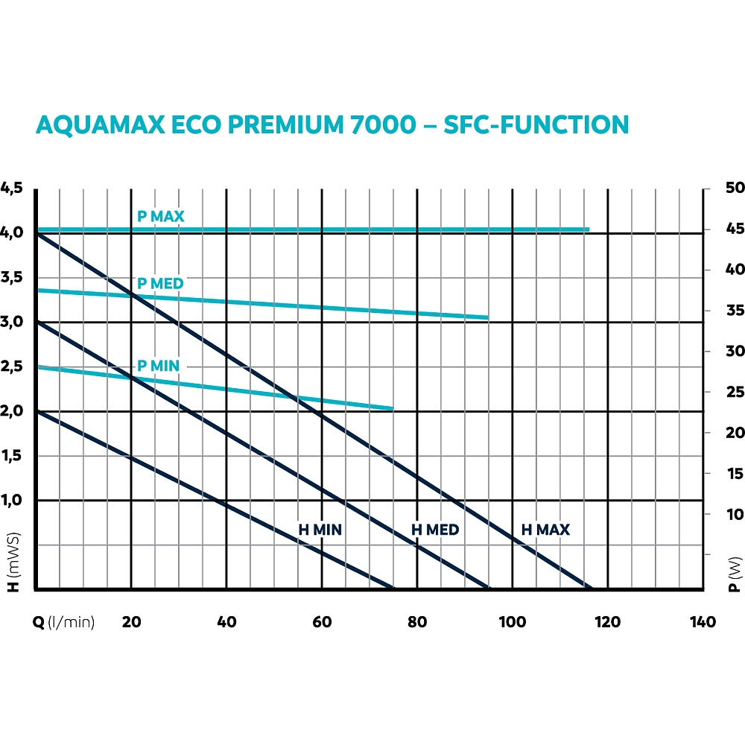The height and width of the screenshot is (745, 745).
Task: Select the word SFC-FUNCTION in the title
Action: [x=536, y=125]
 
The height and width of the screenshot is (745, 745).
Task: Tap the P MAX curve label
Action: [x=160, y=217]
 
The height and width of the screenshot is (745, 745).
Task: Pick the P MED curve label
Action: [x=160, y=284]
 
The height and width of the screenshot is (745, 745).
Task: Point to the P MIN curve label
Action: [x=159, y=366]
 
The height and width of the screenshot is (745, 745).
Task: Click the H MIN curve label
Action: [x=320, y=530]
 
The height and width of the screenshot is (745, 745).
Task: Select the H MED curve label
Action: [x=436, y=530]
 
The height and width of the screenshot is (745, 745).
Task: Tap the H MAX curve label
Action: [x=545, y=530]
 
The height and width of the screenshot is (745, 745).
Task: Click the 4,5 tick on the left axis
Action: [x=13, y=188]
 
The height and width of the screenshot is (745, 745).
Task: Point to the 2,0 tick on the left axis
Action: [x=13, y=411]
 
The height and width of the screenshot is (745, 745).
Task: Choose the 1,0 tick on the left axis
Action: [x=13, y=501]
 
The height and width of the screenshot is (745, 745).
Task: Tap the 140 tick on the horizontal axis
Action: [x=703, y=622]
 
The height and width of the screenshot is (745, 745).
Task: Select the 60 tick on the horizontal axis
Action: [x=322, y=622]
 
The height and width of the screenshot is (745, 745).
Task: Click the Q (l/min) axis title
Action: [x=64, y=622]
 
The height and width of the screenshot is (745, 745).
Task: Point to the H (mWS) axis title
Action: [x=12, y=563]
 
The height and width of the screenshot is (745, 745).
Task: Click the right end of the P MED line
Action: [x=487, y=317]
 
